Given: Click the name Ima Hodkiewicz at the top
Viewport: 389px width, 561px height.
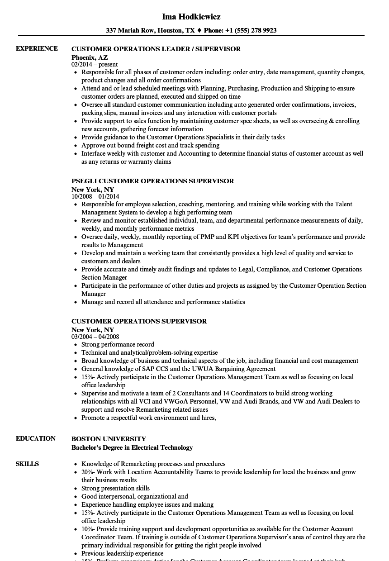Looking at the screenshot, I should point(191,17).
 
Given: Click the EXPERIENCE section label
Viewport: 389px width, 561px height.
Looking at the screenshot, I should point(37,48).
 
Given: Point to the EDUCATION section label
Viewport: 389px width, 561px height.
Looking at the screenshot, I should point(36,438).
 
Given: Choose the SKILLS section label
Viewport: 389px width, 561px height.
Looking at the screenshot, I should point(27,464).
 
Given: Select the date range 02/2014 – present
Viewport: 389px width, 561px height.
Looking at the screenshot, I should point(95,65).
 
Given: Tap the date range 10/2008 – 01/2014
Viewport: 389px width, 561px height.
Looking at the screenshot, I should point(95,197).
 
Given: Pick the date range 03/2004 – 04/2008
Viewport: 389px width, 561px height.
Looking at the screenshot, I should point(95,337).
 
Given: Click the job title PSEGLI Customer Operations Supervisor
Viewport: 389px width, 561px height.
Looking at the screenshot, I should point(153,181).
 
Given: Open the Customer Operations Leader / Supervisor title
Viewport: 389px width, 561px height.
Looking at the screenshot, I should point(156,49).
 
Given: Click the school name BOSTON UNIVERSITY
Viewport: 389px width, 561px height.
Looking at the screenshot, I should point(109,439).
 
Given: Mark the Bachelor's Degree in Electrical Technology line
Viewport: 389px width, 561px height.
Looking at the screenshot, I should point(132,447).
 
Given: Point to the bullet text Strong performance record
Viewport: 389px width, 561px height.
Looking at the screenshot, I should point(118,344).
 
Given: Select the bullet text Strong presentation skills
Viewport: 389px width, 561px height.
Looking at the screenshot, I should point(115,488).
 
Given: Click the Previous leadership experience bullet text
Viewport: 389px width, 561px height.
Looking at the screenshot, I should point(122,553).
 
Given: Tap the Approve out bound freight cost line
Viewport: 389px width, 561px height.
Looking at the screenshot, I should point(150,145).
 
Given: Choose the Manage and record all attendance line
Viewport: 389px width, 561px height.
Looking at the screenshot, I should point(163,302).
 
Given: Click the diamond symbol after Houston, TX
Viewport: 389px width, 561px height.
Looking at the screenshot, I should point(199,30).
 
